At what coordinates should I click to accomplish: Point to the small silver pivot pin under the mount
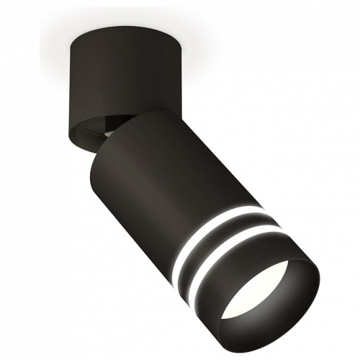pos(107,132)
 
